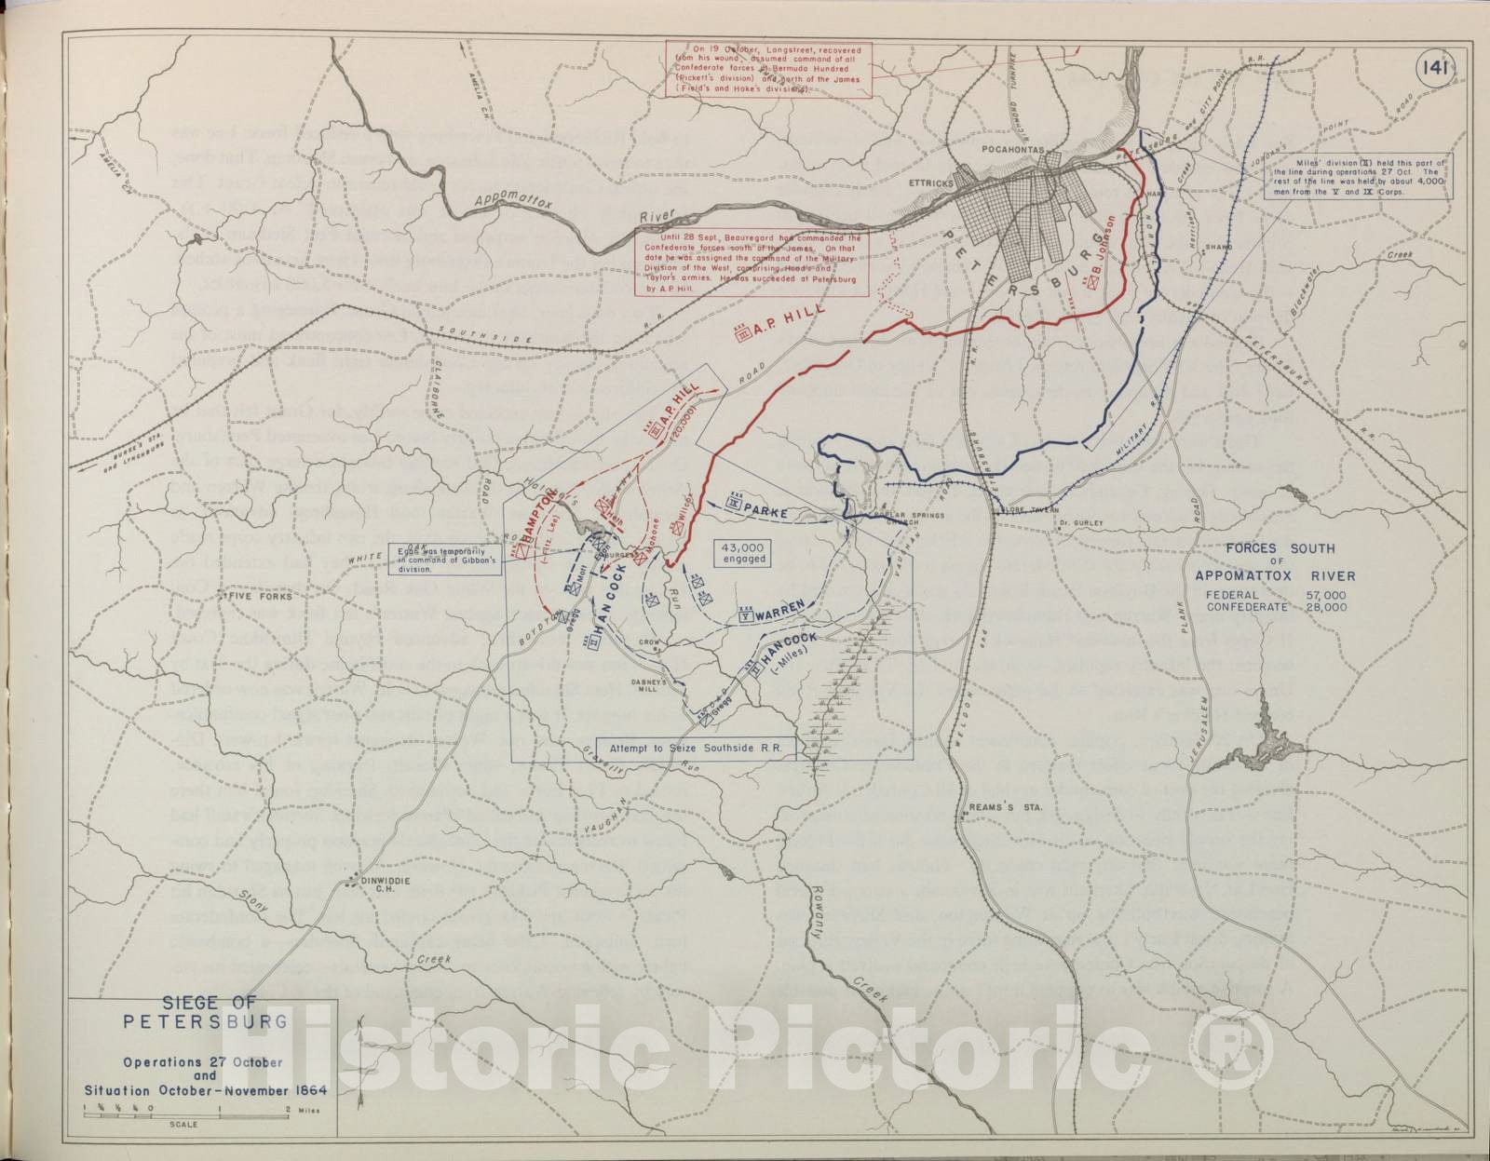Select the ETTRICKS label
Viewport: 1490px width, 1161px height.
coord(930,183)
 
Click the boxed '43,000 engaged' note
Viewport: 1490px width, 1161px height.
coord(741,553)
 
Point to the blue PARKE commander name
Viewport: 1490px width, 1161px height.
coord(765,513)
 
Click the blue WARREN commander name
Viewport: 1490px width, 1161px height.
coord(779,615)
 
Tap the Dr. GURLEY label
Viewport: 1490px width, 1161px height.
coord(1080,523)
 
